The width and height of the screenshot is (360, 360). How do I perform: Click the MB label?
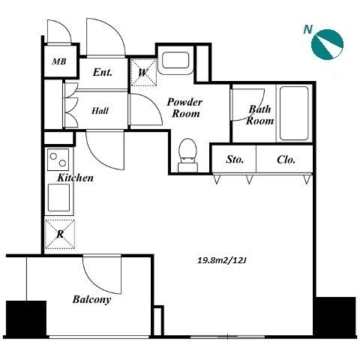click(59, 61)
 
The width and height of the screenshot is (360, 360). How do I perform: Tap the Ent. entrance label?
click(103, 72)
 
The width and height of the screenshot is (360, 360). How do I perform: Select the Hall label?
click(100, 111)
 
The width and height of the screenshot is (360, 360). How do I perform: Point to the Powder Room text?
click(184, 108)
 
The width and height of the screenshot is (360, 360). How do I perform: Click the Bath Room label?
click(259, 115)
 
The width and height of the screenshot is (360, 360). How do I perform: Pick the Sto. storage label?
click(235, 159)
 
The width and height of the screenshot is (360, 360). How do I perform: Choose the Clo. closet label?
click(286, 160)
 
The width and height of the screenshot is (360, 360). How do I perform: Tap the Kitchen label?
click(75, 178)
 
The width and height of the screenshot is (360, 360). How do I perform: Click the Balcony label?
click(91, 299)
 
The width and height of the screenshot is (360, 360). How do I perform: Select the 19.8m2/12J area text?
click(222, 260)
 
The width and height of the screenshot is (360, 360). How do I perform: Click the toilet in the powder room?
click(187, 155)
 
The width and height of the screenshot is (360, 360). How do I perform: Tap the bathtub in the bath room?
click(294, 113)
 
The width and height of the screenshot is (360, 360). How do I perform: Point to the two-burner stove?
click(58, 160)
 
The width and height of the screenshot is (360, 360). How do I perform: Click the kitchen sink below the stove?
click(58, 198)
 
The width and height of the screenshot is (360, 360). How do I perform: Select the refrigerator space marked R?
click(60, 234)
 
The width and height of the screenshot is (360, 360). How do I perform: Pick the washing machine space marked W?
click(143, 73)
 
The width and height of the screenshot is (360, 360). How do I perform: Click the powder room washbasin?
click(175, 60)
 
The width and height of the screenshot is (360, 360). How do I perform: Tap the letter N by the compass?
click(308, 30)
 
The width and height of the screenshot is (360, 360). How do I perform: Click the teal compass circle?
click(327, 44)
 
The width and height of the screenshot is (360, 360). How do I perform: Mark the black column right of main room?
click(335, 317)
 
